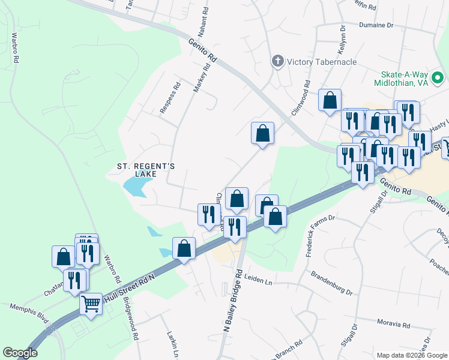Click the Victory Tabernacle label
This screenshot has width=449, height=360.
(x=322, y=62)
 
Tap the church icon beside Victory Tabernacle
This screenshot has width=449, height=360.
(x=277, y=61)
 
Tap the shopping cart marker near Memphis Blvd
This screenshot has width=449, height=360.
(x=91, y=304)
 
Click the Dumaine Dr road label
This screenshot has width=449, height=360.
(x=376, y=26)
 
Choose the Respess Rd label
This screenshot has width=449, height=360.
(x=170, y=98)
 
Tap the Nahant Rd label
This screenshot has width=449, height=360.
(x=205, y=19)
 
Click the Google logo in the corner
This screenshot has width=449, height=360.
(x=20, y=353)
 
